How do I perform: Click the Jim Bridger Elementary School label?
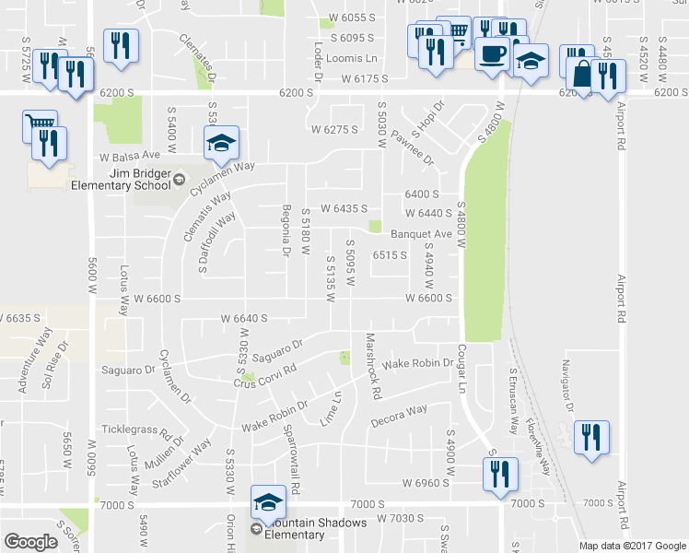121,178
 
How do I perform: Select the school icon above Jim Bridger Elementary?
220,142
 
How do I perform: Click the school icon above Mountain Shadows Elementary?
267,501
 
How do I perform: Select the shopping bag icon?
580,73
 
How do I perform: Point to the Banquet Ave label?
421,234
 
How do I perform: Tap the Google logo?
30,542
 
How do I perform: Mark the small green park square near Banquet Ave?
375,227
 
